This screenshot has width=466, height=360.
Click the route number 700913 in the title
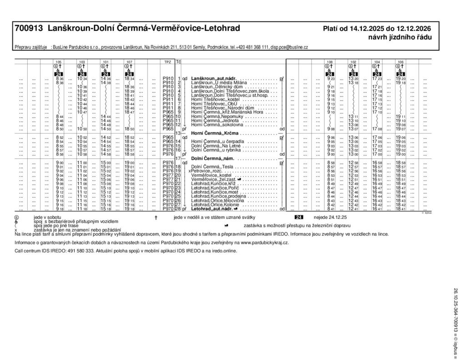click(x=29, y=29)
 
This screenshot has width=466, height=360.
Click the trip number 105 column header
click(x=58, y=61)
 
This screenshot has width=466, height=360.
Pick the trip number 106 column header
click(x=400, y=61)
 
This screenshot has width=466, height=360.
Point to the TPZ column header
click(x=167, y=61)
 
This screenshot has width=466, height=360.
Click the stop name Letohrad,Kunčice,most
click(x=212, y=192)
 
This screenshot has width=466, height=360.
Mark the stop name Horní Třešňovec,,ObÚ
click(x=209, y=104)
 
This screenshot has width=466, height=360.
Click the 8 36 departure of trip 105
click(x=60, y=79)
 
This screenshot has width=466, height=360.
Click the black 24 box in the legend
click(x=299, y=218)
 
